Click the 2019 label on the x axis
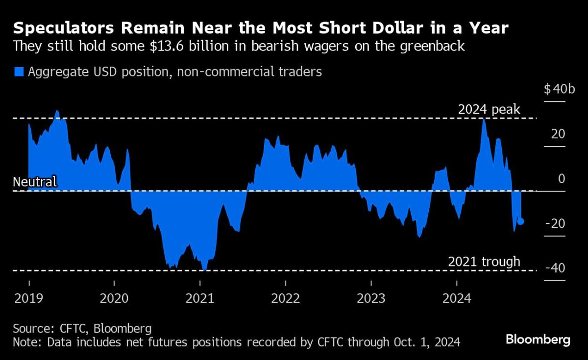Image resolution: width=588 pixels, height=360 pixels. coord(29,298)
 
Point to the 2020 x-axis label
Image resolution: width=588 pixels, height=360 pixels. coord(114,298)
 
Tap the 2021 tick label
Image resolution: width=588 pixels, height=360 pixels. coord(200,298)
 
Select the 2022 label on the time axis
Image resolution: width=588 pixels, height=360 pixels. coord(286,298)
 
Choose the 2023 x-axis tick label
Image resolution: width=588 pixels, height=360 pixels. coord(371,298)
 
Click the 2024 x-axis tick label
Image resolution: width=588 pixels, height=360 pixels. coord(457,298)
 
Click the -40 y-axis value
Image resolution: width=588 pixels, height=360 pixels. coord(556,268)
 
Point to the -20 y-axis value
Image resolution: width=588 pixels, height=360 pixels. coord(556,224)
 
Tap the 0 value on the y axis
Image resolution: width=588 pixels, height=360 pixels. coord(562,179)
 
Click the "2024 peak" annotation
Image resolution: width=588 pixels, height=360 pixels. coord(489,109)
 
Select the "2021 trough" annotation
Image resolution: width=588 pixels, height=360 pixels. coord(484,262)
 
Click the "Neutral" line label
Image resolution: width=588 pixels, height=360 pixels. coord(35,182)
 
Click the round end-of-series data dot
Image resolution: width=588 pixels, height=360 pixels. coord(520,221)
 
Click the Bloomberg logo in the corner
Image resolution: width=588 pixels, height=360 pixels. coord(538,339)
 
